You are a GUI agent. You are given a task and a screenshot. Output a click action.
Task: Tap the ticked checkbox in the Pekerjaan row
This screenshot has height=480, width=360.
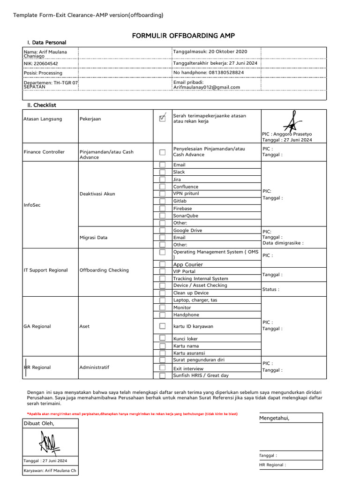coord(162,118)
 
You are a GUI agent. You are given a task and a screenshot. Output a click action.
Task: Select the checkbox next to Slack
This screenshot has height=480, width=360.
coord(162,172)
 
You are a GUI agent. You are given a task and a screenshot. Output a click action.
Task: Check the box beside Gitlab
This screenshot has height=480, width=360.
coord(162,201)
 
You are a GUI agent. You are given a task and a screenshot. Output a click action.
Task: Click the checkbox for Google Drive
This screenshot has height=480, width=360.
coord(162,230)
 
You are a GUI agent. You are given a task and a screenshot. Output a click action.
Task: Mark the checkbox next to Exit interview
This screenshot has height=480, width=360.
coord(162,368)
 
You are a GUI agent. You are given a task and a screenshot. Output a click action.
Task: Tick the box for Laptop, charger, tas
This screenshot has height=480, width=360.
coord(162,300)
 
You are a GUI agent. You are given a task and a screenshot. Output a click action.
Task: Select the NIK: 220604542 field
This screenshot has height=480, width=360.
coord(41,63)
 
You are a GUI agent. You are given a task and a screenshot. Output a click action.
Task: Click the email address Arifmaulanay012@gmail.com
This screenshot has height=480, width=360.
coord(207,87)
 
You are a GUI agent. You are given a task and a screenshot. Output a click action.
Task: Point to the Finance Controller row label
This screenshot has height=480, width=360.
coord(44,152)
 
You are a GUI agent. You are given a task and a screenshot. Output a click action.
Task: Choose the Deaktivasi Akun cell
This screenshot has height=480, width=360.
coord(97,194)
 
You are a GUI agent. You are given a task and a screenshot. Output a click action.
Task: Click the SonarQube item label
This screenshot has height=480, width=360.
coord(186,216)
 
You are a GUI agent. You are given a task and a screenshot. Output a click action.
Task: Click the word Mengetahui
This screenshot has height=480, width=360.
coord(274,419)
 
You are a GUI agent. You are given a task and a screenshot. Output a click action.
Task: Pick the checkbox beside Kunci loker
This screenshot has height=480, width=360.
coord(162,338)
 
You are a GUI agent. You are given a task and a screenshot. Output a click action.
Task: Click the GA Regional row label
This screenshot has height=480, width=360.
coord(37,326)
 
